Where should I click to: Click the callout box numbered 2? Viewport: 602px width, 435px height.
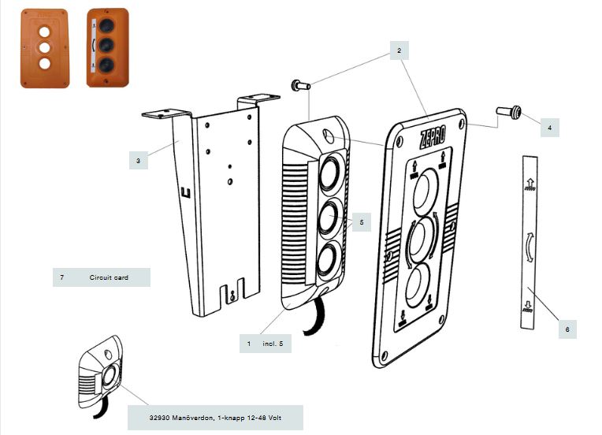[x=399, y=50]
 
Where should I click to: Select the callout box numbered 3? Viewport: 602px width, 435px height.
[x=138, y=161]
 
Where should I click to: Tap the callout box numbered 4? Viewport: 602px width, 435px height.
[x=549, y=125]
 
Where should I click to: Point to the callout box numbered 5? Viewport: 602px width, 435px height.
[x=361, y=223]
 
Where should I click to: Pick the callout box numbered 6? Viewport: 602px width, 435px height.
[x=566, y=329]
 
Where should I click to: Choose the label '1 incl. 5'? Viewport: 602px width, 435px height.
[x=266, y=344]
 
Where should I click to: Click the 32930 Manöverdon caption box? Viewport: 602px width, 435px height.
[x=215, y=418]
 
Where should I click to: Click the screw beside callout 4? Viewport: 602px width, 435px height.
[x=505, y=111]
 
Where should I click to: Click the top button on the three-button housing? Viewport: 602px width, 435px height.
[x=330, y=169]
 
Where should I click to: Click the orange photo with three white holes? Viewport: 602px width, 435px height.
[x=43, y=48]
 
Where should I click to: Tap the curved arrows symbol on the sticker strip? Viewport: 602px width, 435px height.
[x=527, y=249]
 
